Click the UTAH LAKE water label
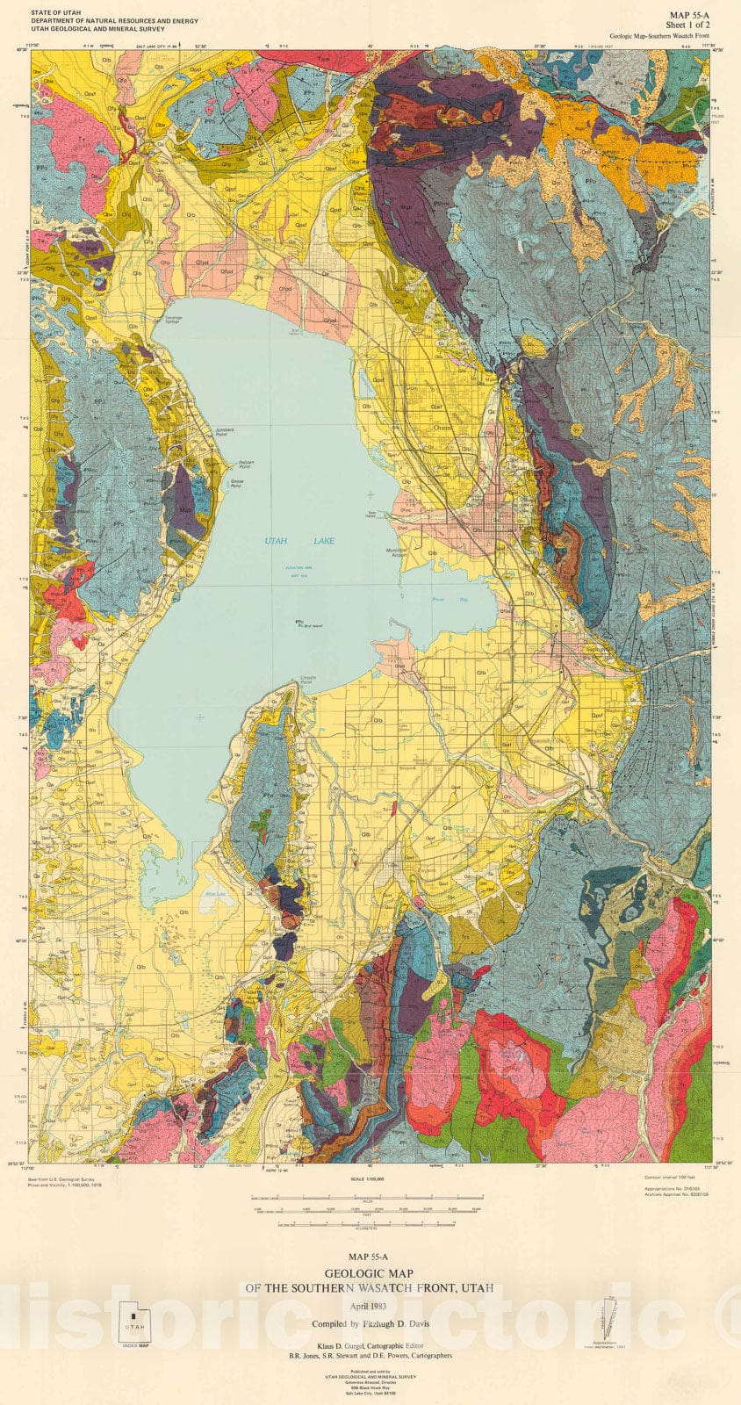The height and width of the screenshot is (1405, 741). point(299,541)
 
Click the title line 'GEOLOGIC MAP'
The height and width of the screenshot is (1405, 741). point(370,1273)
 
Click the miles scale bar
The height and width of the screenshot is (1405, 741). point(369,1197)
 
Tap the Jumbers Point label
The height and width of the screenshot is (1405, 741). point(227,430)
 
